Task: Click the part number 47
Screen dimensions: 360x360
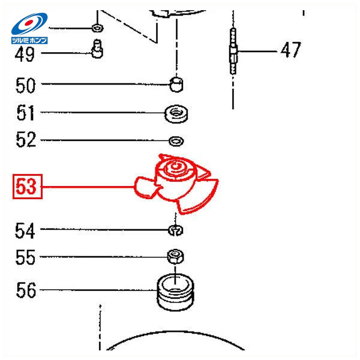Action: [291, 50]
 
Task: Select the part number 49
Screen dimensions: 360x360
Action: [25, 54]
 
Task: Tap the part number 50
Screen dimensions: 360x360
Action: [25, 85]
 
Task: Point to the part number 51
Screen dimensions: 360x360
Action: [25, 113]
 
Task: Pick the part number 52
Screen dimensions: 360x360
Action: [26, 140]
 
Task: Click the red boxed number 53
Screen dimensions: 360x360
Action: [28, 187]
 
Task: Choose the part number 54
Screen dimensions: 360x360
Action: [25, 230]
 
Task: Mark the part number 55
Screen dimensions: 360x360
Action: [25, 257]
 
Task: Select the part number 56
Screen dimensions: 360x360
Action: [26, 290]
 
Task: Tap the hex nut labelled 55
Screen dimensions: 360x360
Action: [175, 256]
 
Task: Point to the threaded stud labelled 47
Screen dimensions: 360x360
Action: [233, 51]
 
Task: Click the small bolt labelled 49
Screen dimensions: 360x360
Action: [97, 49]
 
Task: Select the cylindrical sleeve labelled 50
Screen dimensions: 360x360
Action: [176, 85]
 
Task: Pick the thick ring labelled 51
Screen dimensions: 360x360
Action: [176, 113]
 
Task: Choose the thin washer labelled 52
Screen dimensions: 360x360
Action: [176, 140]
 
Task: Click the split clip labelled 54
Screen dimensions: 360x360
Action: [176, 230]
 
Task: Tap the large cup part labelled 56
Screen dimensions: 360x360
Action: [175, 292]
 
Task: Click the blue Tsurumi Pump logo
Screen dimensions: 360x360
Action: [29, 28]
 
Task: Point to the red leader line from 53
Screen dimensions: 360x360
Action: [88, 187]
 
